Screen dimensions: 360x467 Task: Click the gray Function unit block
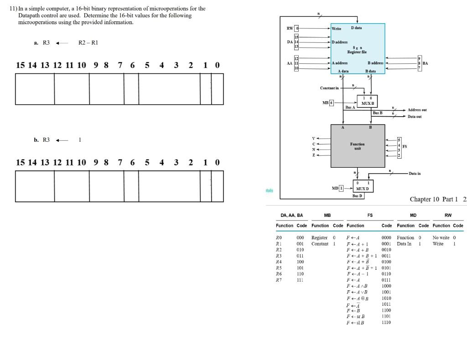358,145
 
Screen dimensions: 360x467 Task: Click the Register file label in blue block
358,52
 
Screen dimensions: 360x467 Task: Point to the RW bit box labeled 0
296,28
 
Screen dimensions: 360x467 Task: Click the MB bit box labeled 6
332,103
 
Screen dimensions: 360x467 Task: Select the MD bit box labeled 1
341,188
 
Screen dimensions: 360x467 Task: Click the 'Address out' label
417,110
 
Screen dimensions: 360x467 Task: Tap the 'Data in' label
415,174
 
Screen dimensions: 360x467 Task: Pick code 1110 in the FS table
386,322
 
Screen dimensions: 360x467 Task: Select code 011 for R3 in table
300,256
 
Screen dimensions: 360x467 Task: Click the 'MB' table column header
327,215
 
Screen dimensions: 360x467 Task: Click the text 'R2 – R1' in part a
88,43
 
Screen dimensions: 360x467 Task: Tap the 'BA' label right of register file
425,63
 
